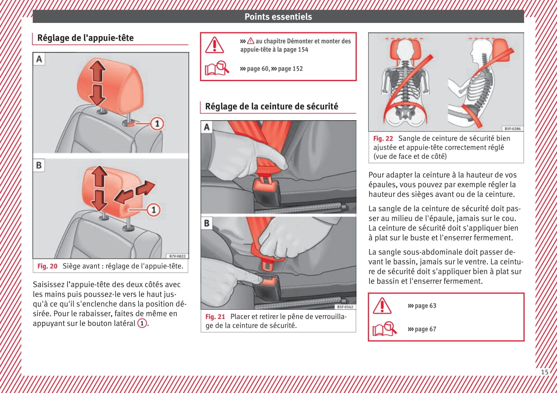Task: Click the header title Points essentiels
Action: click(x=278, y=17)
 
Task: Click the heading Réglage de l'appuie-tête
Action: click(x=85, y=38)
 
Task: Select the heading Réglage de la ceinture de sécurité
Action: click(x=271, y=106)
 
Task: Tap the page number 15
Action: click(x=545, y=372)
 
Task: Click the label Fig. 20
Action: click(x=47, y=266)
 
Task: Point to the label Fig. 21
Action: click(x=215, y=316)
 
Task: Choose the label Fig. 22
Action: click(x=383, y=138)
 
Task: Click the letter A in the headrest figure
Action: click(x=39, y=59)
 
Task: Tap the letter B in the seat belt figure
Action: click(x=207, y=223)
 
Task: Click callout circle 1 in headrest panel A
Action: click(x=157, y=124)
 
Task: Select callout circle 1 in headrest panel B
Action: click(x=153, y=210)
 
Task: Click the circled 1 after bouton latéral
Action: click(x=142, y=324)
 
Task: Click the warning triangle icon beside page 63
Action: click(x=382, y=306)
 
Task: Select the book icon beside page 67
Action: click(x=384, y=329)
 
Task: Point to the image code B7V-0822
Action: click(x=178, y=256)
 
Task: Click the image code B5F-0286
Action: click(x=512, y=129)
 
